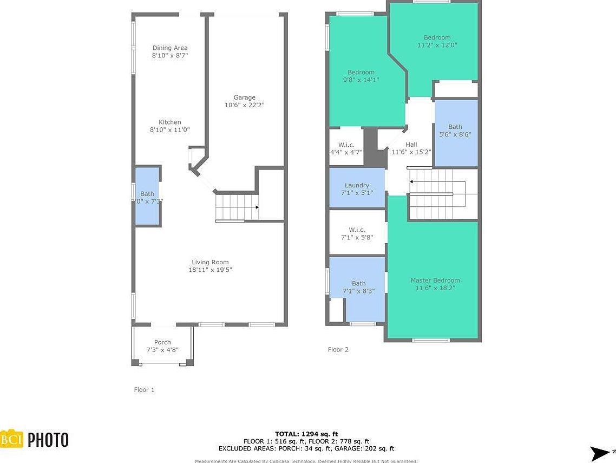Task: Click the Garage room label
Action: [245, 97]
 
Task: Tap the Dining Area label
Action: [170, 48]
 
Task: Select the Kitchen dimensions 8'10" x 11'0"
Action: [170, 130]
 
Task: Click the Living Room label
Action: [210, 262]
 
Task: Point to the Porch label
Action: [162, 342]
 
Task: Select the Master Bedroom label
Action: [435, 280]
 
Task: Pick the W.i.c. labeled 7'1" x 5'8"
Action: [357, 233]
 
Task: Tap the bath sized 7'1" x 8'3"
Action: [358, 287]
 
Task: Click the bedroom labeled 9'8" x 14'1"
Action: [361, 76]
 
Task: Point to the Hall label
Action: [411, 145]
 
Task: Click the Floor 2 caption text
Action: [338, 349]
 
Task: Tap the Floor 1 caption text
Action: [145, 389]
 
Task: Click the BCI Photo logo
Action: [35, 439]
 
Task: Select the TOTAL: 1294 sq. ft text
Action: [306, 434]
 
